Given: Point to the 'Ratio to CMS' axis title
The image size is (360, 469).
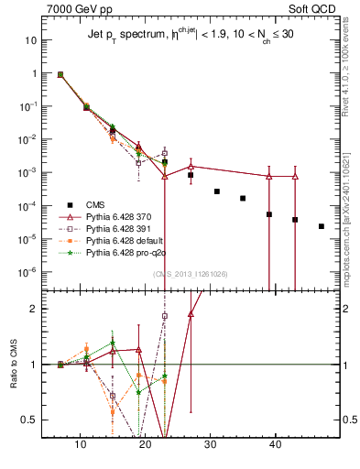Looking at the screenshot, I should (x=15, y=365).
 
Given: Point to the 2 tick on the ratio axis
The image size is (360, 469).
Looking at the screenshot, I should (x=32, y=309).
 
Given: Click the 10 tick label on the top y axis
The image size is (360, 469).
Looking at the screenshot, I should (x=29, y=40).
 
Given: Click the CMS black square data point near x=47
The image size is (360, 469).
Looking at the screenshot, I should (x=322, y=226).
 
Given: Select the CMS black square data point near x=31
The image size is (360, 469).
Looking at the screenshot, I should (x=217, y=191).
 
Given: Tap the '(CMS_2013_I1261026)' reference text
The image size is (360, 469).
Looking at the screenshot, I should (x=191, y=274).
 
